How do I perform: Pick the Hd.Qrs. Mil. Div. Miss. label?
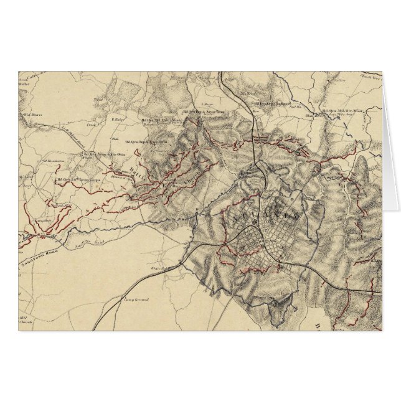340,111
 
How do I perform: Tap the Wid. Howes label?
31,115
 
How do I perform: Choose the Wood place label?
97,98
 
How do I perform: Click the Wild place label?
115,138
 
